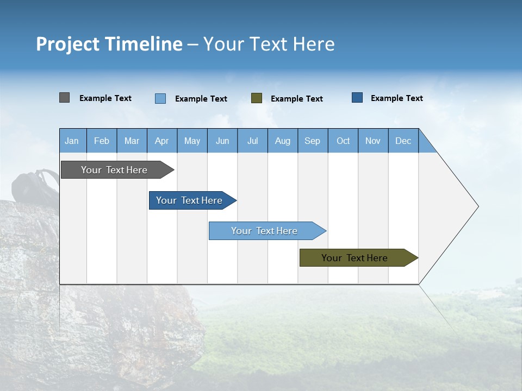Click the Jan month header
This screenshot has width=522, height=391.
[72, 141]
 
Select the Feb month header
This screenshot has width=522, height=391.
[102, 141]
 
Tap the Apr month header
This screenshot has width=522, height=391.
[161, 141]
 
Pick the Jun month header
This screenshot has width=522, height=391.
[222, 141]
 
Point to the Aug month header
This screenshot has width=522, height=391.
[282, 141]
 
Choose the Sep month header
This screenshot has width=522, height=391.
[312, 141]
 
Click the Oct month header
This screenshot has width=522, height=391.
[343, 141]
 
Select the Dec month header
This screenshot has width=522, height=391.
[403, 141]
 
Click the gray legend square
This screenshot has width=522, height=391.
[64, 98]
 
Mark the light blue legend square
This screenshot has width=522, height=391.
[160, 98]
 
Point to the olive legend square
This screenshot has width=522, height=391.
[257, 98]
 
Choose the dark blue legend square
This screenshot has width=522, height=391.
[357, 98]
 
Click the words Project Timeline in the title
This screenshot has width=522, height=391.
[109, 44]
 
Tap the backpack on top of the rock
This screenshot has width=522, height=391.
[35, 187]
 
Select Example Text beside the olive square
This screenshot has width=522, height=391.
[297, 99]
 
